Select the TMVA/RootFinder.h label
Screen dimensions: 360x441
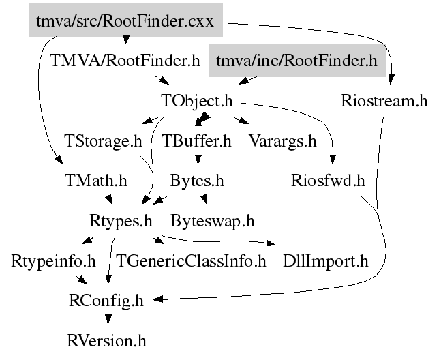click(x=125, y=61)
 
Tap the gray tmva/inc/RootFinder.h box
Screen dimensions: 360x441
click(x=296, y=61)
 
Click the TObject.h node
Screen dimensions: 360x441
click(x=197, y=102)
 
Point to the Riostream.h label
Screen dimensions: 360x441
click(x=384, y=102)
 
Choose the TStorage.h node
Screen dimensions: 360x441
click(x=103, y=142)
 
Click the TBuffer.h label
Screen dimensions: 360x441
click(x=197, y=142)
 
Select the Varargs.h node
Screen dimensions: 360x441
click(x=283, y=142)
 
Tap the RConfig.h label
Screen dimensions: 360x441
click(x=106, y=299)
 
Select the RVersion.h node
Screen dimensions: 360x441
click(x=106, y=339)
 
